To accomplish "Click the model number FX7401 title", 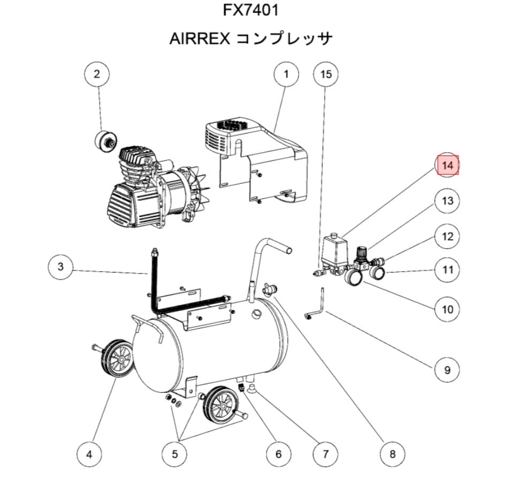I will click(x=251, y=10).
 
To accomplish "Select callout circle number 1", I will click(x=286, y=75).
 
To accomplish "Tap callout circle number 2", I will click(x=97, y=75).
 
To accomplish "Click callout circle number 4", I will click(x=89, y=454).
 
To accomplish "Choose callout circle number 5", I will click(x=175, y=454).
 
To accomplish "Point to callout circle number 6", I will click(x=278, y=454).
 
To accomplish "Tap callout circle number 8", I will click(x=392, y=454).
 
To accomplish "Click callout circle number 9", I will click(x=448, y=369).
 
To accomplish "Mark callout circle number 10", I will click(x=448, y=309).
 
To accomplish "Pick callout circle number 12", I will click(x=448, y=236).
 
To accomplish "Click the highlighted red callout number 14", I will click(x=448, y=166).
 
